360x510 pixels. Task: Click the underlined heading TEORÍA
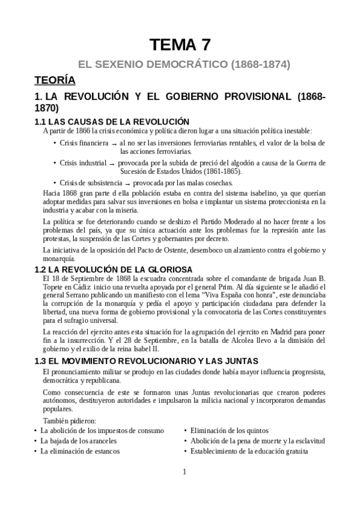point(55,79)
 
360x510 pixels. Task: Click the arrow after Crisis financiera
point(114,144)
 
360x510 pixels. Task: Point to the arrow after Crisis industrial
point(112,164)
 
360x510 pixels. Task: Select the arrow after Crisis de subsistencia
point(127,183)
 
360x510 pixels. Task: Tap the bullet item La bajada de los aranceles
point(78,441)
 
